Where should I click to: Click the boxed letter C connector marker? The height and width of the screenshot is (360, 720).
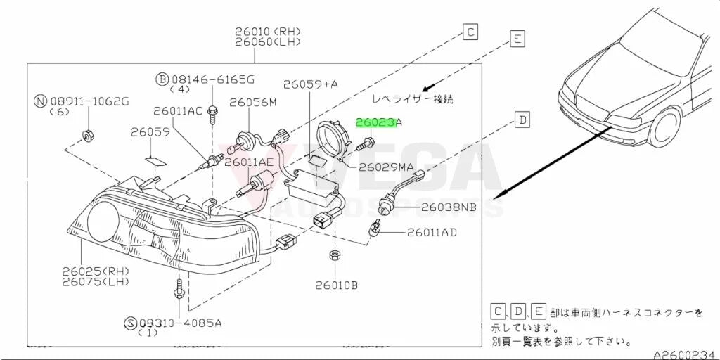(470, 32)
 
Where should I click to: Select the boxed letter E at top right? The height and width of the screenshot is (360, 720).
(517, 39)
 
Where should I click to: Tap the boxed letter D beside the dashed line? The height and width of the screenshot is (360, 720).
(522, 121)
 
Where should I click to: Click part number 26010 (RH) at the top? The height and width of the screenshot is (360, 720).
(268, 32)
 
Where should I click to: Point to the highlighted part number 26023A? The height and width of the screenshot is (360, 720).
(379, 122)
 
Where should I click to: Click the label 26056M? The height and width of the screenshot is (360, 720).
(253, 102)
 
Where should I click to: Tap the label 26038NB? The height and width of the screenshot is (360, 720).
(449, 207)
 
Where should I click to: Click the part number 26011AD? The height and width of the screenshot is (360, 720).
(432, 233)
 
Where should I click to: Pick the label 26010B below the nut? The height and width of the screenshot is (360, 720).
(336, 285)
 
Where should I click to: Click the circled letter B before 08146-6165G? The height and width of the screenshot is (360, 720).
(162, 80)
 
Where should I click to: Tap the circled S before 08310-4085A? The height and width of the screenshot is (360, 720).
(131, 323)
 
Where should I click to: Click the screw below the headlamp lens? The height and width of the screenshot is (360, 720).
(178, 289)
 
